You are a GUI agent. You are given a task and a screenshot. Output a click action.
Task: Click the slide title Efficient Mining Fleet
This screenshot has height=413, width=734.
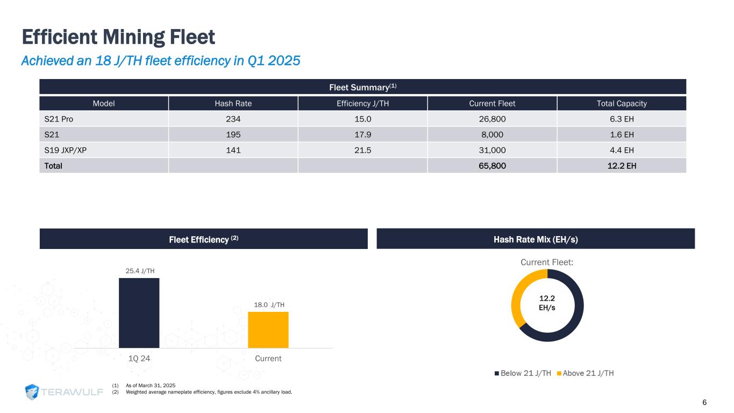(118, 38)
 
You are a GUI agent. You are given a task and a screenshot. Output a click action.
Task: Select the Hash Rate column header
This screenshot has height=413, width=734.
(233, 103)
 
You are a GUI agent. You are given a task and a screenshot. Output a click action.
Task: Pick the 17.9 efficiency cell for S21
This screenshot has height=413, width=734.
(362, 134)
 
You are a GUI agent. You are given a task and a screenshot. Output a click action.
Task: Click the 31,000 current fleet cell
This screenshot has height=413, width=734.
(492, 150)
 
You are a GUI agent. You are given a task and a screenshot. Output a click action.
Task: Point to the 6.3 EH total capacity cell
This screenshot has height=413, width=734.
(622, 118)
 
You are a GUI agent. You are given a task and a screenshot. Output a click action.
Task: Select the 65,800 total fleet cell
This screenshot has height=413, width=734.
(492, 166)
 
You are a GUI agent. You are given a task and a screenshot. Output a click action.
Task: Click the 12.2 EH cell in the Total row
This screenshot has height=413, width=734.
(622, 166)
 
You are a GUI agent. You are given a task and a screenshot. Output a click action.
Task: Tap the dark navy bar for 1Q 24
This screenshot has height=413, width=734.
(139, 313)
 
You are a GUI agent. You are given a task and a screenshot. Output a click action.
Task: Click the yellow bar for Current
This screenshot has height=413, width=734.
(268, 330)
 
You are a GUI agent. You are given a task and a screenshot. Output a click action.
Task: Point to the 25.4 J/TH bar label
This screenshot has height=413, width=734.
(139, 271)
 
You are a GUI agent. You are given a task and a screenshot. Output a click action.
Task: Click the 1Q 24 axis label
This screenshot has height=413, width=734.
(139, 359)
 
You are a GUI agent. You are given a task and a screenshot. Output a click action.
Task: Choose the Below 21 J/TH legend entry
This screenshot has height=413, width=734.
(522, 373)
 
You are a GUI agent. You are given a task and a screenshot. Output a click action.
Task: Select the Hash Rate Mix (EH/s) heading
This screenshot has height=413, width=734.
(536, 239)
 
